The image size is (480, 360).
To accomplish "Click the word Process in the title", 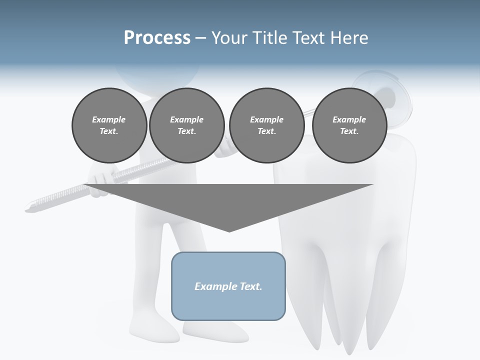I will pyautogui.click(x=157, y=38).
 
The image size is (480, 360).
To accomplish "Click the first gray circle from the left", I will pyautogui.click(x=109, y=125).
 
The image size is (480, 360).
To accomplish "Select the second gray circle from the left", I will pyautogui.click(x=186, y=125).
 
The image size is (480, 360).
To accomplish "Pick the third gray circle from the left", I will pyautogui.click(x=266, y=125).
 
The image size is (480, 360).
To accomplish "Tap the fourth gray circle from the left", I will pyautogui.click(x=349, y=125).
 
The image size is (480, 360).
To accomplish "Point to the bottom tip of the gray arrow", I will pyautogui.click(x=229, y=230).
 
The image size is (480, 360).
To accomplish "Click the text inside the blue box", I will pyautogui.click(x=228, y=286).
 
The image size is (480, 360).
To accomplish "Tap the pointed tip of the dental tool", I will pyautogui.click(x=28, y=207).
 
